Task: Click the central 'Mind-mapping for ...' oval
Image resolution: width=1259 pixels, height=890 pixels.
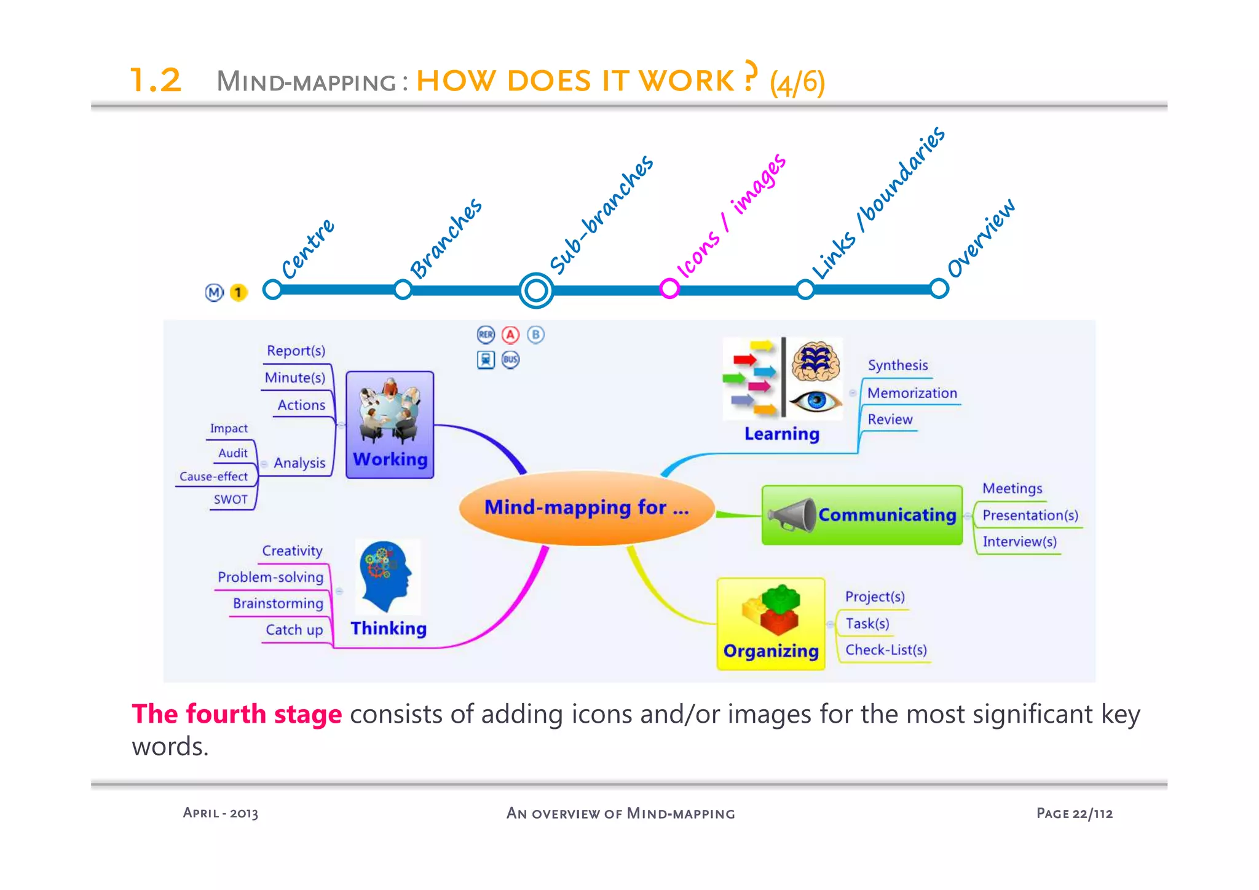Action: click(586, 508)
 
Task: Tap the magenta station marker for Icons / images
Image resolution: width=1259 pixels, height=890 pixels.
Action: click(669, 288)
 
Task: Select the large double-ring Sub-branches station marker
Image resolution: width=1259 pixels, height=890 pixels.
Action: click(536, 290)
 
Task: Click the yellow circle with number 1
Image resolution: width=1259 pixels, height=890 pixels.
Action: click(238, 292)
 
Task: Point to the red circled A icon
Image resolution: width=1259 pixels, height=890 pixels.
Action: click(510, 335)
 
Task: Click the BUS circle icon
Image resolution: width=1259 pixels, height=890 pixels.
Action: click(510, 359)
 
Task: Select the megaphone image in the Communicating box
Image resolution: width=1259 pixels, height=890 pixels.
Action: click(792, 515)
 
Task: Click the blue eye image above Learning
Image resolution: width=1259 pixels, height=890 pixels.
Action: click(816, 401)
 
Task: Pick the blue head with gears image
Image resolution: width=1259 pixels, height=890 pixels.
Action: click(385, 575)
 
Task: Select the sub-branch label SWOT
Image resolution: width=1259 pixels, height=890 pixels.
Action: click(231, 499)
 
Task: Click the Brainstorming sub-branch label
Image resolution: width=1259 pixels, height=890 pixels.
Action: click(278, 603)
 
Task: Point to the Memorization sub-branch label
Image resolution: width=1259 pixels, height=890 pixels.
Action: click(912, 393)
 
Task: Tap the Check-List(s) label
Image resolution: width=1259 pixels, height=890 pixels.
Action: click(886, 650)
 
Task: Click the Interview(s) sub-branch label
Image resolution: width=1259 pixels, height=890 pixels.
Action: click(1019, 541)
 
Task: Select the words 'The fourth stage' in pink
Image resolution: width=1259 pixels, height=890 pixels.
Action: click(237, 714)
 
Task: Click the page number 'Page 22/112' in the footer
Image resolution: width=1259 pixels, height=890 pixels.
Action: click(1074, 813)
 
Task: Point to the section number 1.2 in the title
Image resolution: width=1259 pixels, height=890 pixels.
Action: click(156, 81)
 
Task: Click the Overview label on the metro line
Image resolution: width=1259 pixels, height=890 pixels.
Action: click(981, 239)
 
